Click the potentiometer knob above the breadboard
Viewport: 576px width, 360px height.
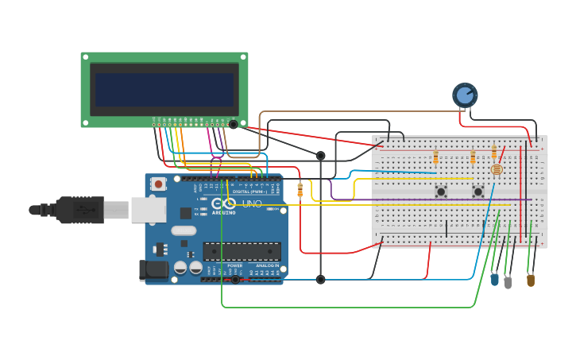pyautogui.click(x=465, y=95)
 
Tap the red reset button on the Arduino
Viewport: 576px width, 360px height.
pyautogui.click(x=158, y=184)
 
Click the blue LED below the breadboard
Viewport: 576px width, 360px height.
pyautogui.click(x=494, y=279)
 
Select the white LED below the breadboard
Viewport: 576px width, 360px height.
pyautogui.click(x=508, y=281)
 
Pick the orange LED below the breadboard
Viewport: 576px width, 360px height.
pyautogui.click(x=531, y=279)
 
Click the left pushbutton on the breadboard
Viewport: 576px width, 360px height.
pyautogui.click(x=440, y=192)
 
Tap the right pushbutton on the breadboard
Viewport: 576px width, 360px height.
pyautogui.click(x=478, y=192)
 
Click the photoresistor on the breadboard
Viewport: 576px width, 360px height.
pyautogui.click(x=497, y=168)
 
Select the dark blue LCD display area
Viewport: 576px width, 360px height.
pyautogui.click(x=164, y=89)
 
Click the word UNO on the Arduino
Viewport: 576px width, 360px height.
pyautogui.click(x=251, y=204)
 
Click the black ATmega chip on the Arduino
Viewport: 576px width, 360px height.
pyautogui.click(x=242, y=252)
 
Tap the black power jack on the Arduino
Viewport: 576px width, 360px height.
pyautogui.click(x=154, y=270)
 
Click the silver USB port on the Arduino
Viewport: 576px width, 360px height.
pyautogui.click(x=149, y=210)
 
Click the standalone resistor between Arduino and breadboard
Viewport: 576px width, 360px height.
pyautogui.click(x=300, y=190)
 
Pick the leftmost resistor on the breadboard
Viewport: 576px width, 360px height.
pyautogui.click(x=435, y=157)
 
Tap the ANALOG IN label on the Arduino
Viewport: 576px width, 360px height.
pyautogui.click(x=267, y=265)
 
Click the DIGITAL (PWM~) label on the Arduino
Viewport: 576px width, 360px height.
pyautogui.click(x=250, y=192)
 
